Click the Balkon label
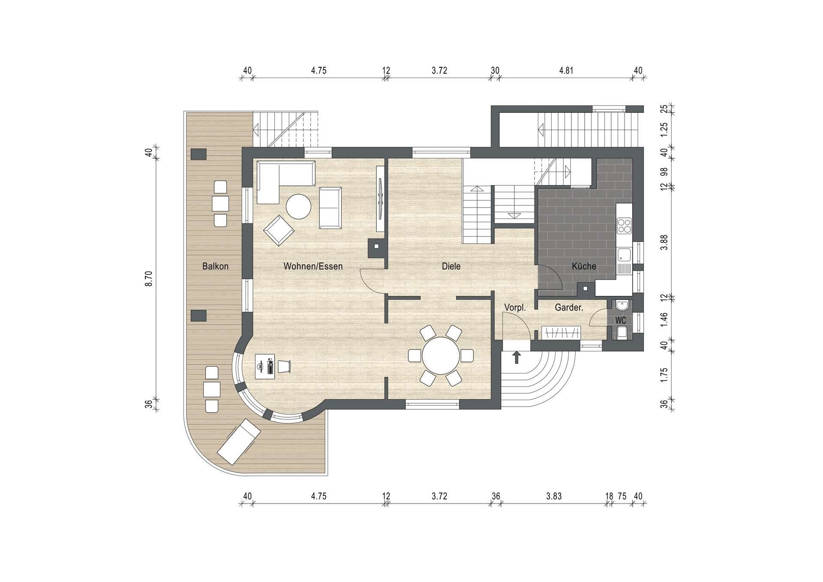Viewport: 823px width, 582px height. tap(215, 266)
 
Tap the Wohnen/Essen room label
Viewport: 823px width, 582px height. tap(313, 266)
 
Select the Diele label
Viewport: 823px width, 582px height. tap(451, 266)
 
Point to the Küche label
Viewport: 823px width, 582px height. tap(584, 266)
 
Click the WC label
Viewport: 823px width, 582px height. tap(620, 320)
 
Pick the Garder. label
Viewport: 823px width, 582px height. tap(569, 308)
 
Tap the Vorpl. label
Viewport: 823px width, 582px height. tap(515, 308)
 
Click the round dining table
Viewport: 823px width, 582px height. tap(441, 356)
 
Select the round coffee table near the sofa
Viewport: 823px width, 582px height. tap(298, 207)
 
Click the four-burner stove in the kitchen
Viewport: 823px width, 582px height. tap(624, 226)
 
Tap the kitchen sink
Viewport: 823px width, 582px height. tap(624, 255)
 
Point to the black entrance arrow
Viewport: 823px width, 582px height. tap(517, 357)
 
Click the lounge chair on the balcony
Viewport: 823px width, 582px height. tap(239, 442)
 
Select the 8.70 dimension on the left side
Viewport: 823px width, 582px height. tap(148, 279)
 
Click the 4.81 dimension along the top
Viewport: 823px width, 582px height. tap(566, 71)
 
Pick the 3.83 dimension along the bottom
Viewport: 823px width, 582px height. tap(554, 496)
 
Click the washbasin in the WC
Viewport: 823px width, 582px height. tap(621, 305)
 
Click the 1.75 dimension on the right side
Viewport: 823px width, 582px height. tap(664, 375)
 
